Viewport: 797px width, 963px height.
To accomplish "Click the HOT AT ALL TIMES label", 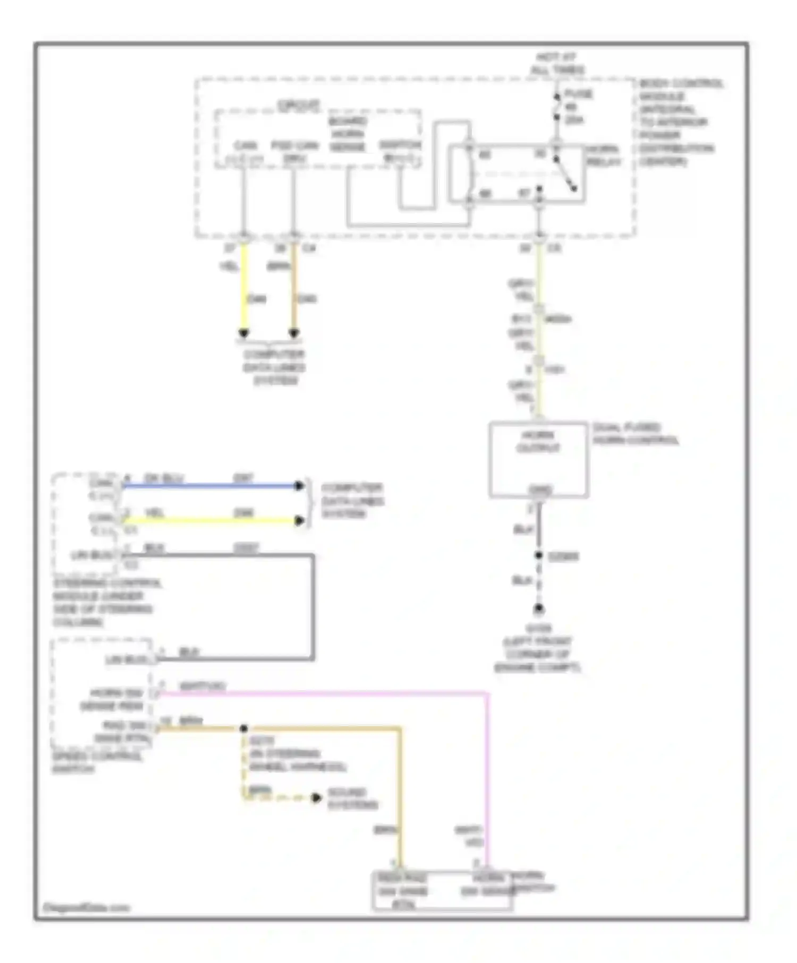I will pyautogui.click(x=557, y=63).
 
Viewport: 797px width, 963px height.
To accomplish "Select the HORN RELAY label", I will pyautogui.click(x=603, y=156).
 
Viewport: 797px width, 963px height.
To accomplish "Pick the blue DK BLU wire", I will pyautogui.click(x=213, y=485).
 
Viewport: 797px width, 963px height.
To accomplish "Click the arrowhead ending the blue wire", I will pyautogui.click(x=299, y=485).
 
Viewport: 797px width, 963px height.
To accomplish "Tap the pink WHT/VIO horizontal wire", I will pyautogui.click(x=319, y=693).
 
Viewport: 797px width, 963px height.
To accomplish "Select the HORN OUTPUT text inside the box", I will pyautogui.click(x=538, y=442).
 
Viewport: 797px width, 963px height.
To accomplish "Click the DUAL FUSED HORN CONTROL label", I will pyautogui.click(x=635, y=434).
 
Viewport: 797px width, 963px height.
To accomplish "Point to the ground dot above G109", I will pyautogui.click(x=539, y=608).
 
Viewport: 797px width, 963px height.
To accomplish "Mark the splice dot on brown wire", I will pyautogui.click(x=243, y=728).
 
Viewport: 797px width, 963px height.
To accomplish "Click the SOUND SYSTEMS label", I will pyautogui.click(x=352, y=798).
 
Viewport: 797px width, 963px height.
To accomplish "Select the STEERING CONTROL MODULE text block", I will pyautogui.click(x=106, y=602).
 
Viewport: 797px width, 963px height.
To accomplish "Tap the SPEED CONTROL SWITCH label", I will pyautogui.click(x=96, y=762).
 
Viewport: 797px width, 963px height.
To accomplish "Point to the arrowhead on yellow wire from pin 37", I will pyautogui.click(x=243, y=333).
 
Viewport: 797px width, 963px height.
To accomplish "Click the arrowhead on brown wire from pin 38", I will pyautogui.click(x=294, y=333).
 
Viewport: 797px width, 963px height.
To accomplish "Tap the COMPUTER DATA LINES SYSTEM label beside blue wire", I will pyautogui.click(x=352, y=501).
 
